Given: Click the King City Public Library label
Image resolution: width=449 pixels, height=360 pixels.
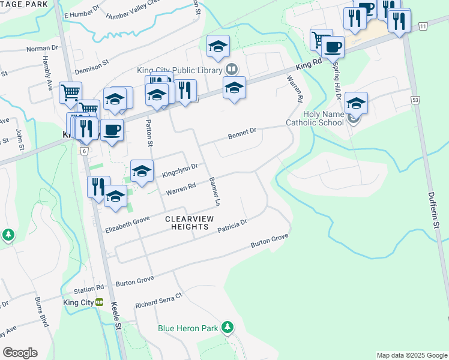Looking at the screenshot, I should pos(180,70).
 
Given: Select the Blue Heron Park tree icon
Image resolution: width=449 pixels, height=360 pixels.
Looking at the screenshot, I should pos(227,328).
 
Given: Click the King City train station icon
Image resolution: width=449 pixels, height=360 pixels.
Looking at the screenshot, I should pos(100,302).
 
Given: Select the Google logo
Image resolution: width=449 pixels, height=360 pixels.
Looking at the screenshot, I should pos(20,353).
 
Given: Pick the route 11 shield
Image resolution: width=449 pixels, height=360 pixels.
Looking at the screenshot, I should pos(423,26).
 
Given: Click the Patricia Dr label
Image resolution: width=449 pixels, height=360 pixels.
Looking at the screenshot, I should pos(232,226).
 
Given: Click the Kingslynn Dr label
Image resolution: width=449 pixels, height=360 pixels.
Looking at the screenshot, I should pos(179,170).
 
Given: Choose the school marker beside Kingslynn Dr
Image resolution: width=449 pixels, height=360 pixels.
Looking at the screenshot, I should pos(142,171).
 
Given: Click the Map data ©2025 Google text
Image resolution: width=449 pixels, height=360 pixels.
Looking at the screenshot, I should pos(411,355).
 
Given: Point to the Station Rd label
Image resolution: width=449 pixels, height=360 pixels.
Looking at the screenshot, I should pos(89,289).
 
